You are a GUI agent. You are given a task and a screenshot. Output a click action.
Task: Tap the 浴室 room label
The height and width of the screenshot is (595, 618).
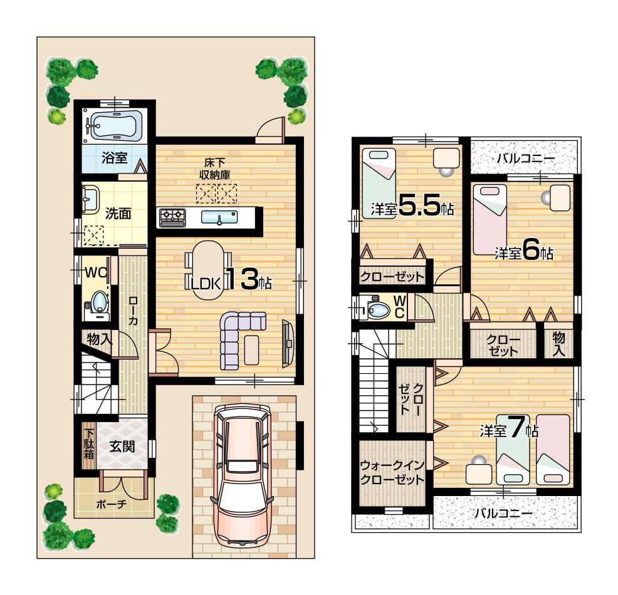click(114, 158)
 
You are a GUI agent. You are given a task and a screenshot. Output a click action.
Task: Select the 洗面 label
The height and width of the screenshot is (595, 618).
click(117, 213)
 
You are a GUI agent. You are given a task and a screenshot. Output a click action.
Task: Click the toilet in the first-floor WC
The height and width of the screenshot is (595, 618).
click(98, 303)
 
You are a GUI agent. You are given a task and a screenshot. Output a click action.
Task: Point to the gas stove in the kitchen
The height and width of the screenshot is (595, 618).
click(172, 217)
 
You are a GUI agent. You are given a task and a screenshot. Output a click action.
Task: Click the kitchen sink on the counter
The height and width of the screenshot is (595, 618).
click(219, 217)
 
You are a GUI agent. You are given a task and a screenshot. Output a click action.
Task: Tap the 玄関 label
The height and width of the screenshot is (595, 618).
click(122, 447)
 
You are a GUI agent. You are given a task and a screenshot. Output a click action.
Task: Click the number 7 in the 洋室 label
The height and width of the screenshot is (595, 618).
click(515, 428)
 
